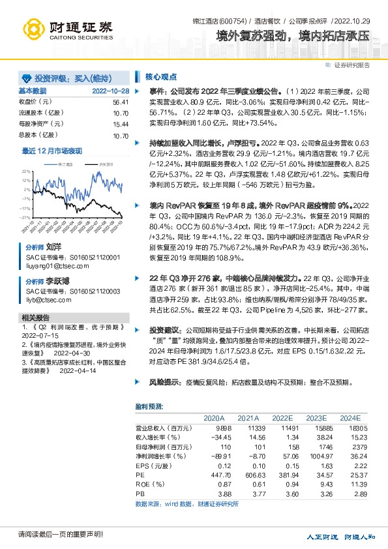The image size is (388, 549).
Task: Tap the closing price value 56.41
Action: pos(121,102)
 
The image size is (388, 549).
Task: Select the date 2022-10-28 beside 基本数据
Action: pos(110,91)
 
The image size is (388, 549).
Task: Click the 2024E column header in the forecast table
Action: pos(350,417)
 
